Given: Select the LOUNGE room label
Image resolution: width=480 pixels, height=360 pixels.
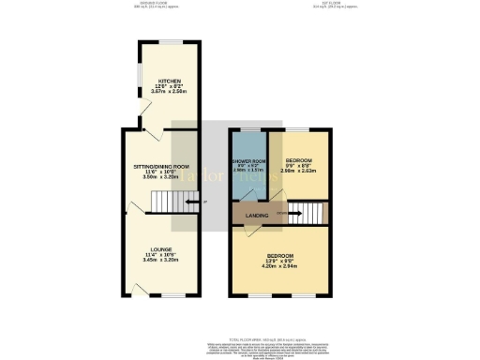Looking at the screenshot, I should (x=160, y=248).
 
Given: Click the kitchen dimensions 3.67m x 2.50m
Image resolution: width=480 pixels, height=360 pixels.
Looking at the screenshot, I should (x=170, y=92).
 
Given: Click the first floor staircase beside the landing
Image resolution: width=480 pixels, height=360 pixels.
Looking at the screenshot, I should (x=306, y=213).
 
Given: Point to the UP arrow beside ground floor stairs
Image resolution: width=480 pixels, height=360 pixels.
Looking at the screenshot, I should (x=195, y=202).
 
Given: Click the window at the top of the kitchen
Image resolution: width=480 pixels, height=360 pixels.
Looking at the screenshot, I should (x=171, y=42).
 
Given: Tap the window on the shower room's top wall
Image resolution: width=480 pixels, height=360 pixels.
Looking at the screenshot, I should (x=248, y=130).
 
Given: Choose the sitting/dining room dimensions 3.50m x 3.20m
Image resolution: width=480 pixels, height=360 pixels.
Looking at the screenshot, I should (x=160, y=176).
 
